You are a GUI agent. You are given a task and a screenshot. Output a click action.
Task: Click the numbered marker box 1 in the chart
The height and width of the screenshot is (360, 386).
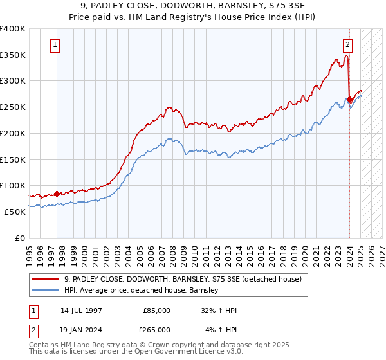pyautogui.click(x=55, y=45)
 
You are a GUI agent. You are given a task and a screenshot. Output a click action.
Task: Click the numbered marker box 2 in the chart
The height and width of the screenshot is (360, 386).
pyautogui.click(x=347, y=45)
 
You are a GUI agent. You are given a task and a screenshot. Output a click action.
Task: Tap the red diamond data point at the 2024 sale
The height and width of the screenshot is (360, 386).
pyautogui.click(x=349, y=99)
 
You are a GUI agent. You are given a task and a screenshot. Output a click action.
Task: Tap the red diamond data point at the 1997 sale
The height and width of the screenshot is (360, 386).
pyautogui.click(x=57, y=193)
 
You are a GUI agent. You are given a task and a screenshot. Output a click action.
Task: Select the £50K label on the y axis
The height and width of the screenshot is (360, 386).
pyautogui.click(x=14, y=212)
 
